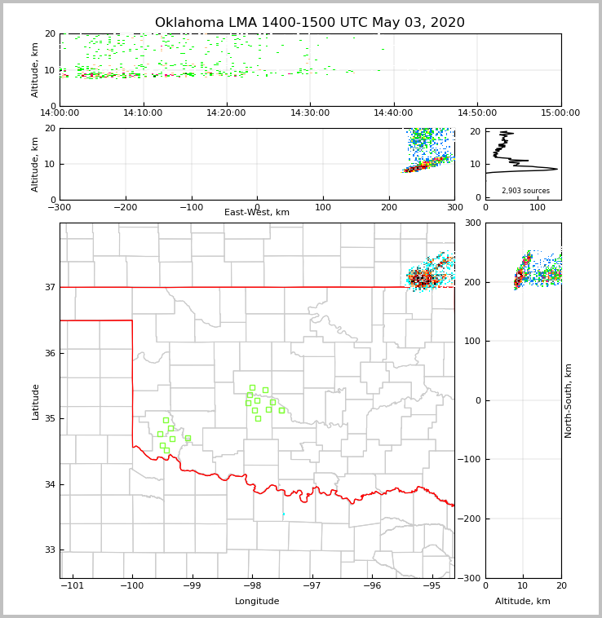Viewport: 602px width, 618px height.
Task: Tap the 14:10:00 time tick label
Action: click(144, 113)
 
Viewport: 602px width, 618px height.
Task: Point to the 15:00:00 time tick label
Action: click(560, 113)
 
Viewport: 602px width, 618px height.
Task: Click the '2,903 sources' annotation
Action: click(525, 191)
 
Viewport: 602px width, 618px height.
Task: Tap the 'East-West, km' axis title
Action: click(257, 213)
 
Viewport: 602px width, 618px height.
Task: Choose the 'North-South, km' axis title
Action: click(569, 400)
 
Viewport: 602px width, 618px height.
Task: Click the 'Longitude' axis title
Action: click(257, 602)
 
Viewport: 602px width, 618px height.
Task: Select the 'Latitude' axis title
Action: click(35, 401)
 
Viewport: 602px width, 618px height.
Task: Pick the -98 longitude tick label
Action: click(252, 586)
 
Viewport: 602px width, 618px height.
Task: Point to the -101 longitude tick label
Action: click(73, 586)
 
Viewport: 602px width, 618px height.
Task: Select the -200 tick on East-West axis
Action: click(125, 207)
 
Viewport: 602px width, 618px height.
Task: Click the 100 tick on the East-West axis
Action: click(323, 207)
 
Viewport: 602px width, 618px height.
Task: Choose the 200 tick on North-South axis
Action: click(471, 282)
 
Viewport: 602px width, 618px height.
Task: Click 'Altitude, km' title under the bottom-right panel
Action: click(523, 602)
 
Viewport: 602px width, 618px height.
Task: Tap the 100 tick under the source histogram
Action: click(538, 207)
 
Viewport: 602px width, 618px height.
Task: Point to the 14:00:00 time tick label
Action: click(60, 113)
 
